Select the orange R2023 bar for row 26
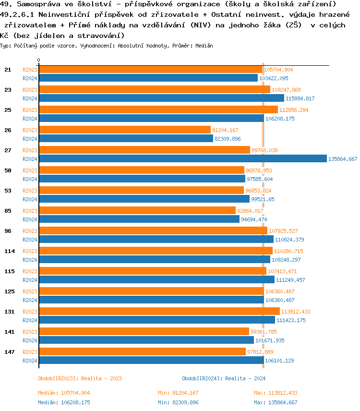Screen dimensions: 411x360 pyautogui.click(x=125, y=130)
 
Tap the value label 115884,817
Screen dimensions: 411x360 pyautogui.click(x=300, y=98)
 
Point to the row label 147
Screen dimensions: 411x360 pyautogui.click(x=8, y=352)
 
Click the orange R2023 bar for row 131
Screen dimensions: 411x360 pyautogui.click(x=159, y=311)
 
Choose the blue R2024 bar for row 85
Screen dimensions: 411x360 pyautogui.click(x=139, y=219)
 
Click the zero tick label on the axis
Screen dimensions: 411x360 pyautogui.click(x=39, y=60)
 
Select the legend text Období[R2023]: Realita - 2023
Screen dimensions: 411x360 pyautogui.click(x=80, y=378)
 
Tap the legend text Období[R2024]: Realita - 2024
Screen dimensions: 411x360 pyautogui.click(x=224, y=378)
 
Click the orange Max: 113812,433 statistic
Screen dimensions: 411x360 pyautogui.click(x=276, y=393)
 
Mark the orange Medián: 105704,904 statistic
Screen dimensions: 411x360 pyautogui.click(x=64, y=393)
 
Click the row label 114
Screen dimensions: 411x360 pyautogui.click(x=10, y=251)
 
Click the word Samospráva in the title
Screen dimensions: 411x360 pyautogui.click(x=34, y=4)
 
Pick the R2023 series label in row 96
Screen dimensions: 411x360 pyautogui.click(x=30, y=231)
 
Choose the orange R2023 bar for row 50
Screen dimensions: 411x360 pyautogui.click(x=142, y=170)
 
